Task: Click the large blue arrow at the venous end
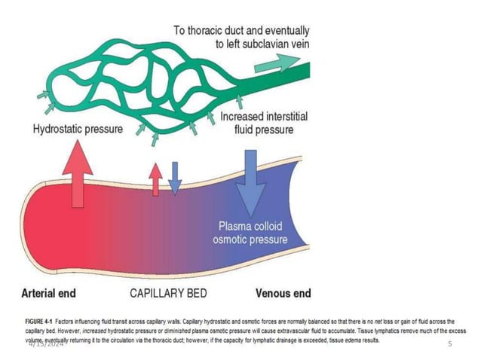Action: point(248,177)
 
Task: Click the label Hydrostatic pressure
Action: point(78,129)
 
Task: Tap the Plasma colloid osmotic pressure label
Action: point(253,233)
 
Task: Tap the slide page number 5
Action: point(449,344)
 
